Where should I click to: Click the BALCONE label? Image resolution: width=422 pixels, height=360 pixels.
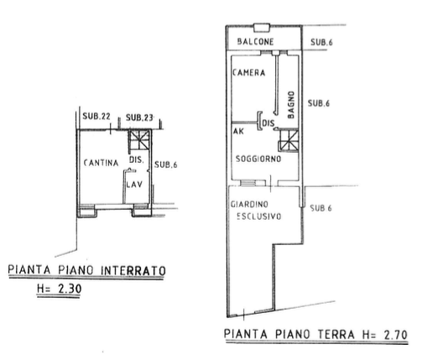[x=255, y=42]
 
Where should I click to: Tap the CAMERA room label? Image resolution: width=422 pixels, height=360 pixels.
[x=248, y=73]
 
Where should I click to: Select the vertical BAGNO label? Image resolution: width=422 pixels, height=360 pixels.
[x=291, y=105]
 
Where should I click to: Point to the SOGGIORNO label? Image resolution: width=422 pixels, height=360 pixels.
[x=258, y=159]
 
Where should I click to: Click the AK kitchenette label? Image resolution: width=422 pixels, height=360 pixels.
[x=238, y=131]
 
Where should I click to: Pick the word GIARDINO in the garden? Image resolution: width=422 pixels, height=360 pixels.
[x=249, y=205]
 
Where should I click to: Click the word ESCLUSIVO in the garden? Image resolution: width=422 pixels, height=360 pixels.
[x=259, y=217]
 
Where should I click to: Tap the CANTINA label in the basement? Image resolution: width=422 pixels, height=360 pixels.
[x=101, y=163]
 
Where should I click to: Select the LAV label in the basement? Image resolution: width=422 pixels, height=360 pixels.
[x=134, y=185]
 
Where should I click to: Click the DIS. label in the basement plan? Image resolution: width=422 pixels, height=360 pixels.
[x=137, y=159]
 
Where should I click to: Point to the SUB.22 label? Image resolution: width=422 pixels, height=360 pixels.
[x=96, y=117]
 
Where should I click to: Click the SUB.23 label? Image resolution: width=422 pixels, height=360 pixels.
[x=139, y=117]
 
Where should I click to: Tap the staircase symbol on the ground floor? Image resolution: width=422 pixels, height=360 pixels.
[x=289, y=140]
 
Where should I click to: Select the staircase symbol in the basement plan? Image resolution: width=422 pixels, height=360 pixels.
[x=139, y=140]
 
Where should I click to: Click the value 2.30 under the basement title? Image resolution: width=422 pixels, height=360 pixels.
[x=70, y=289]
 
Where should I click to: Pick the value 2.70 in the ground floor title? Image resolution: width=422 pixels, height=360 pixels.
[x=396, y=335]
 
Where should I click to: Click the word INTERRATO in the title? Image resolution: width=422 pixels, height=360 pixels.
[x=133, y=270]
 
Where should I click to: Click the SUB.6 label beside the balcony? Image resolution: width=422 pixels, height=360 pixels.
[x=321, y=42]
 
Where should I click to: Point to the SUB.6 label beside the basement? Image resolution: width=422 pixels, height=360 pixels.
[x=166, y=164]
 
